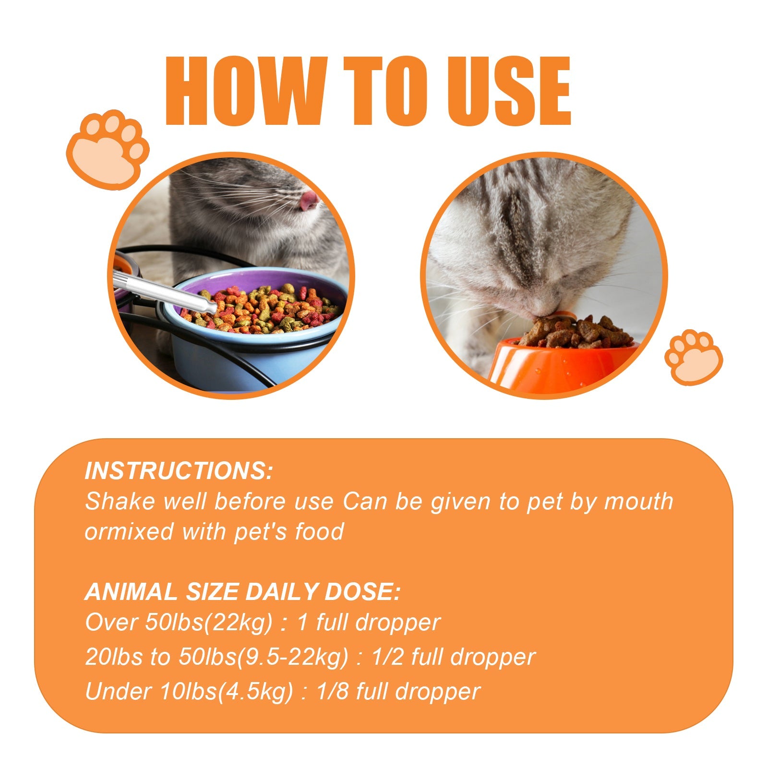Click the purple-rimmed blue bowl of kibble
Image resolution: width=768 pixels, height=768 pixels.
[259, 331]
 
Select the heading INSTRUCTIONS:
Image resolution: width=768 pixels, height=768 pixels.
[179, 471]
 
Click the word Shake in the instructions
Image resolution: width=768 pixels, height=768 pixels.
[120, 502]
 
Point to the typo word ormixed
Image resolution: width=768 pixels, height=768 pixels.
[129, 532]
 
